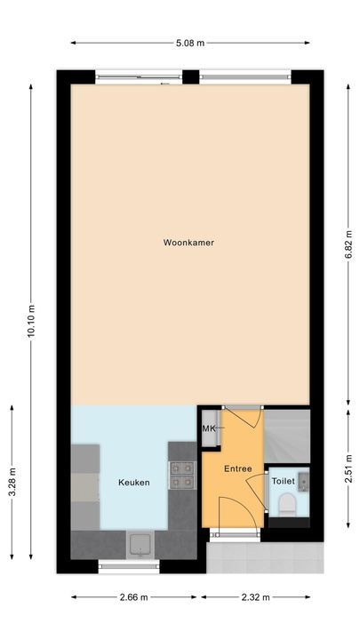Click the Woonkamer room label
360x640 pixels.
tap(188, 242)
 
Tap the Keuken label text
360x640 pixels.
tap(133, 483)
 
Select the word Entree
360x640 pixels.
tap(237, 468)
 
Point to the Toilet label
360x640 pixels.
tap(282, 480)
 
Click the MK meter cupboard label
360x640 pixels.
tap(209, 429)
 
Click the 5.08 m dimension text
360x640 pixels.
tap(191, 42)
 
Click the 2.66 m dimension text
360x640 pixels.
tap(134, 597)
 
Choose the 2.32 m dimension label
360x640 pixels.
tap(258, 597)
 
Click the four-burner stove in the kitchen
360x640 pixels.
tap(182, 475)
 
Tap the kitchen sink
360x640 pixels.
tap(140, 542)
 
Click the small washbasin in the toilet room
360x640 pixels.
tap(302, 481)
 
